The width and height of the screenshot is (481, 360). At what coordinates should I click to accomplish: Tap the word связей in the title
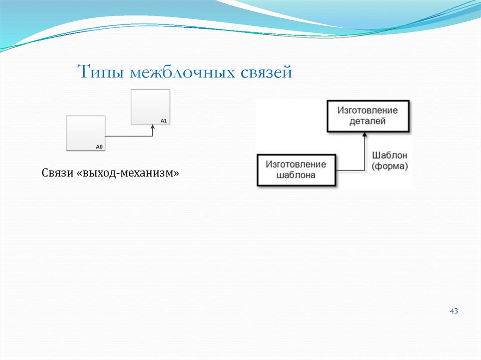(x=267, y=73)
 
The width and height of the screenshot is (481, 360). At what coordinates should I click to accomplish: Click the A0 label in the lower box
(x=99, y=147)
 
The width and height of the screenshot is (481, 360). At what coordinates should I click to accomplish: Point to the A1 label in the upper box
(x=164, y=121)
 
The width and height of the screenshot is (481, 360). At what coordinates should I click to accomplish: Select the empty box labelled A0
(x=85, y=133)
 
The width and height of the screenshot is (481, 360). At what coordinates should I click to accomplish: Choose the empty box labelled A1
(x=150, y=107)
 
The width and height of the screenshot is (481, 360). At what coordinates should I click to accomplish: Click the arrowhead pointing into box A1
(x=153, y=127)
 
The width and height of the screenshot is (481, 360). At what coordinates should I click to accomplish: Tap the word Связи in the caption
(x=57, y=173)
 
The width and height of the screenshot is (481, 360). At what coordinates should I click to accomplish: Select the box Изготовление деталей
(x=367, y=115)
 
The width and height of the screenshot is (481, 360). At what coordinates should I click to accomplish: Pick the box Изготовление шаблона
(x=296, y=170)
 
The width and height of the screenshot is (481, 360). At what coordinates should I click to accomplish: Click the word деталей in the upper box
(x=367, y=121)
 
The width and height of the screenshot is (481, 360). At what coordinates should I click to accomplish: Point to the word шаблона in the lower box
(x=296, y=176)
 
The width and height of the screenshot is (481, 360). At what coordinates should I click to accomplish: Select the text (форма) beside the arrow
(x=389, y=166)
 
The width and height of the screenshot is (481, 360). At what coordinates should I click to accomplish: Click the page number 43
(x=454, y=311)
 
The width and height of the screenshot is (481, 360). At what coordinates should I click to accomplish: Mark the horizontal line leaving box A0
(x=128, y=136)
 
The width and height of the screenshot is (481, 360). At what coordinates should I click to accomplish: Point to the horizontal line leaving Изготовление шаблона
(x=350, y=170)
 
